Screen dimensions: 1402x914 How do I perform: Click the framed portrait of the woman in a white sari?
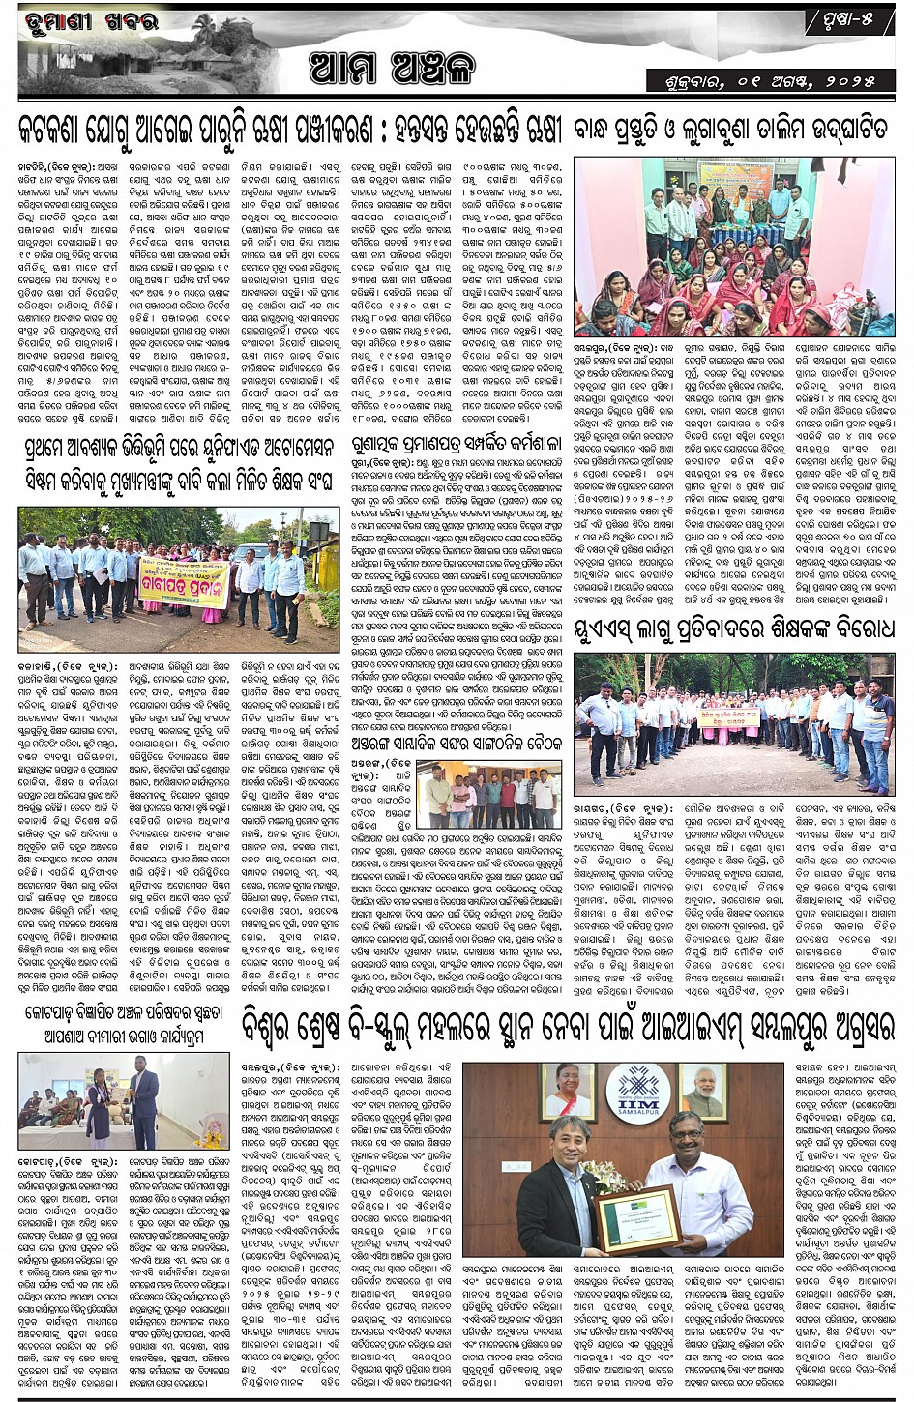(571, 1090)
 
